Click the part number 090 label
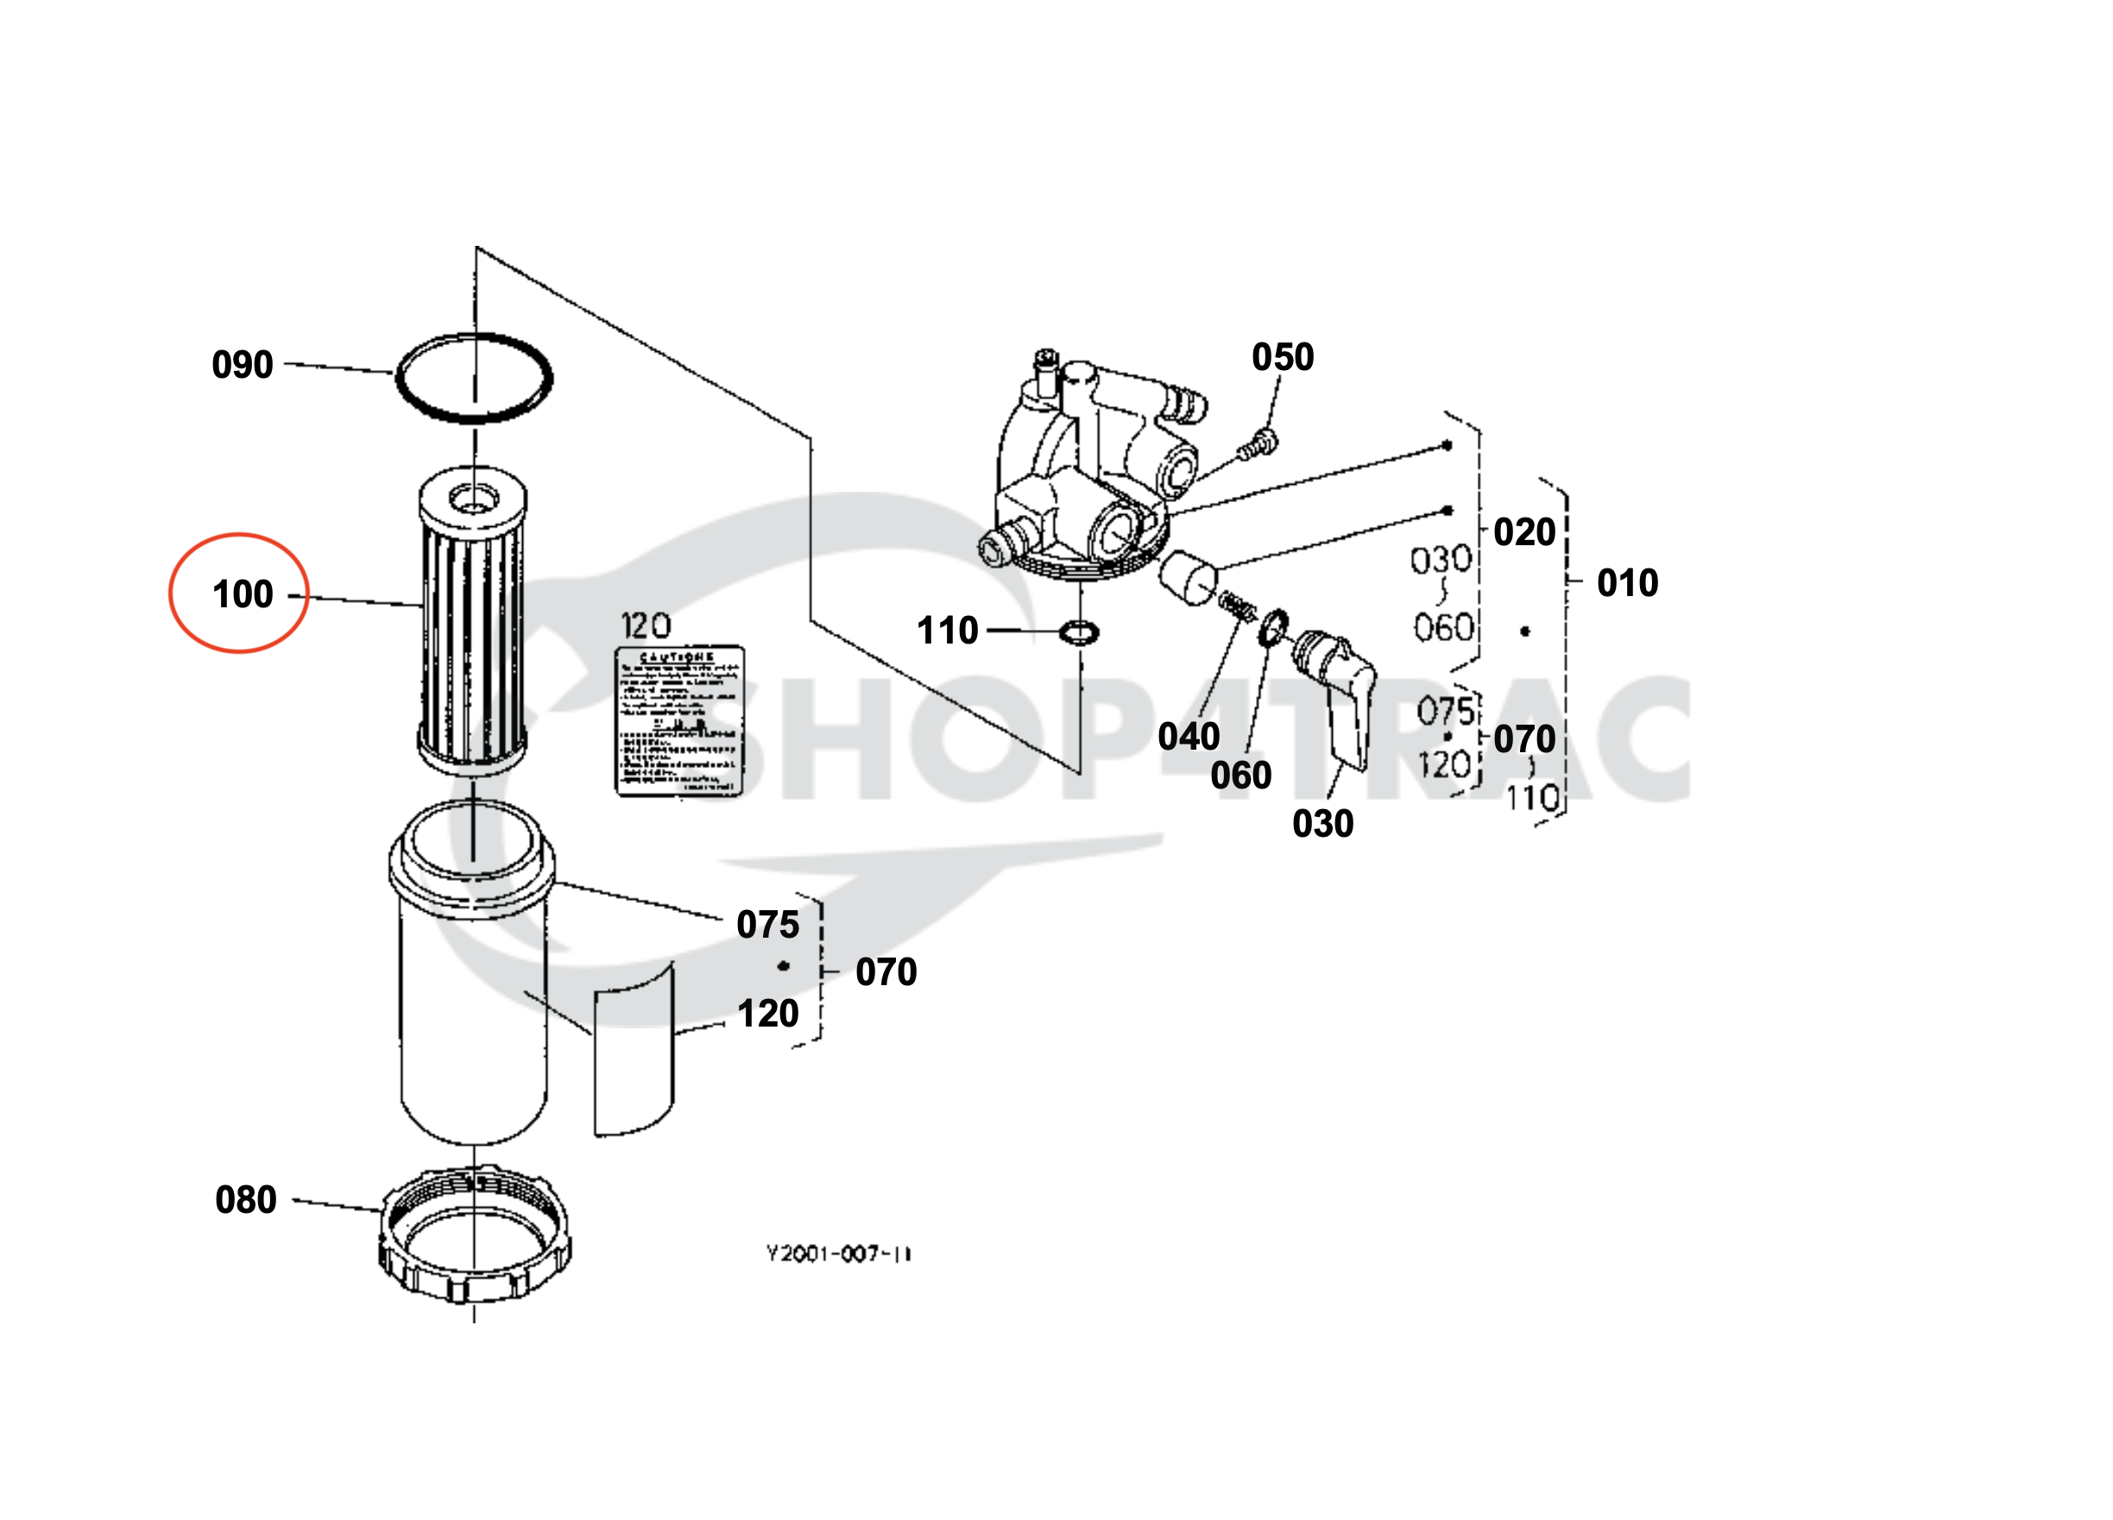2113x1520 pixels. click(243, 364)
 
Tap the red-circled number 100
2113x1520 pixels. click(243, 594)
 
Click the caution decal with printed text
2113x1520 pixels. click(679, 722)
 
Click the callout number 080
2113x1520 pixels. click(246, 1200)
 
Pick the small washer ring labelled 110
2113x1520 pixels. click(1079, 633)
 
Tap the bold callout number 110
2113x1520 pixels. click(948, 631)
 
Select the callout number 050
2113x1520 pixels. click(1283, 357)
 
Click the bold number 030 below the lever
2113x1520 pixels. click(1323, 823)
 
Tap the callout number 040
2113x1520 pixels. click(1189, 736)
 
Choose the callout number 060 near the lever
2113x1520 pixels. click(1241, 775)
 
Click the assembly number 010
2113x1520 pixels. click(1628, 583)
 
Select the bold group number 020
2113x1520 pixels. click(1525, 531)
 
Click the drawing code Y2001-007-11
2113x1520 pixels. click(838, 1253)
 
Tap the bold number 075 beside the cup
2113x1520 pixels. click(767, 925)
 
